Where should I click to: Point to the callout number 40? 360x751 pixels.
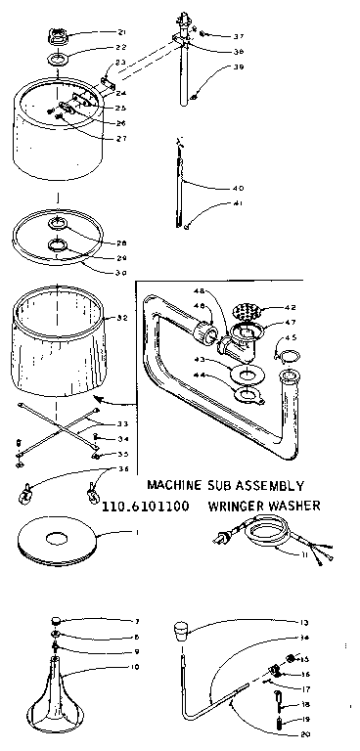click(x=238, y=188)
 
